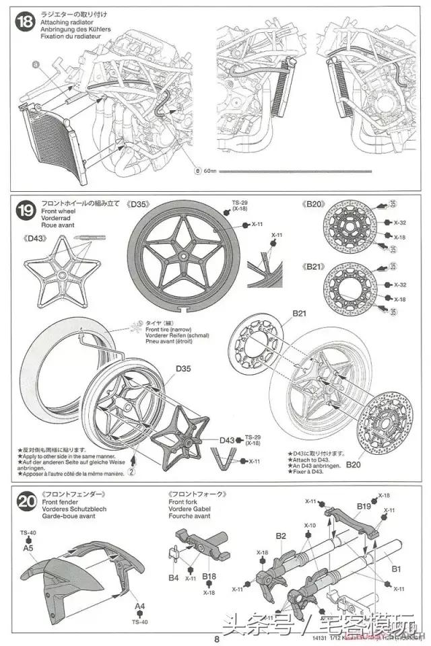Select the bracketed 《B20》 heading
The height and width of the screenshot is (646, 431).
[314, 204]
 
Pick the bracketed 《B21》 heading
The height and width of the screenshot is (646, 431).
[314, 266]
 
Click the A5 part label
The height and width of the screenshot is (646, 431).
[28, 548]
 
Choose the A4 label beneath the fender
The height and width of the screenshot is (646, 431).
[139, 606]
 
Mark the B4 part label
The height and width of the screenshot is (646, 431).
[174, 577]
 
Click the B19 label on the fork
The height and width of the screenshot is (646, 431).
[364, 506]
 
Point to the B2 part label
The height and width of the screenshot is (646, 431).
[281, 536]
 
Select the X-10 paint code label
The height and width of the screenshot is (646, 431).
[310, 525]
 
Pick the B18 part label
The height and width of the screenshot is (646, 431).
[209, 577]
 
